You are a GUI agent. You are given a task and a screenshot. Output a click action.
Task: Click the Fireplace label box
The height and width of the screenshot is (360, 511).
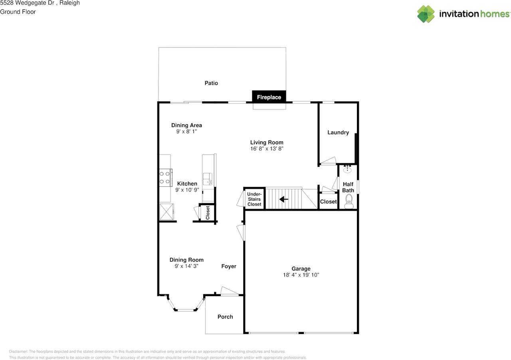[x=269, y=97]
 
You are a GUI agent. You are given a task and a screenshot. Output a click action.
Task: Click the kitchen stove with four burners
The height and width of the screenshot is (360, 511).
[x=165, y=178]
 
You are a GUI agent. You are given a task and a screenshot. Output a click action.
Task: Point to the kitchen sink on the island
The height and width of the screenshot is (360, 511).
[x=208, y=179]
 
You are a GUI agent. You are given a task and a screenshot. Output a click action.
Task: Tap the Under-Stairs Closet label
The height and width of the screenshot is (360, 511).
[x=254, y=199]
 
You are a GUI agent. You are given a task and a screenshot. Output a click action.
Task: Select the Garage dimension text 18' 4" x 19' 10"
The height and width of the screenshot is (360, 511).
[x=301, y=275]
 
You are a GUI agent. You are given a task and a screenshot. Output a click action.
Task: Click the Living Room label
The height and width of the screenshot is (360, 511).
[x=267, y=142]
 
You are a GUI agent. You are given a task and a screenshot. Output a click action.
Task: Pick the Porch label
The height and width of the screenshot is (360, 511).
[x=225, y=316]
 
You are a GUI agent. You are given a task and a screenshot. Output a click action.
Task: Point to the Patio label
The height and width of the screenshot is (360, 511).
[x=211, y=83]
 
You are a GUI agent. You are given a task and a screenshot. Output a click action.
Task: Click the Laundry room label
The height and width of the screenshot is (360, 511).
[x=338, y=133]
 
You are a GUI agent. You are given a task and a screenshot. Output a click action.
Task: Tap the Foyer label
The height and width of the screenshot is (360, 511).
[x=229, y=266]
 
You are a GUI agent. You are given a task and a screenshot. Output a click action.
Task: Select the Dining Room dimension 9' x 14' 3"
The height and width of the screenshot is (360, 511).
[x=186, y=266]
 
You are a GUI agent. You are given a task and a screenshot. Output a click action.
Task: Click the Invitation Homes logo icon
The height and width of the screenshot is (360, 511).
[x=426, y=14]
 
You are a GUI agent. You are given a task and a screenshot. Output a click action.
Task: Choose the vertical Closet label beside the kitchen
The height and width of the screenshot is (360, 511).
[x=208, y=213]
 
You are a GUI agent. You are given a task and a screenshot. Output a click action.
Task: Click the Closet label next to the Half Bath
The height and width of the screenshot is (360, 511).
[x=329, y=202]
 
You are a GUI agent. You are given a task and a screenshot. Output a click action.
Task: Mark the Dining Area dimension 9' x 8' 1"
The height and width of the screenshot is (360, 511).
[x=186, y=131]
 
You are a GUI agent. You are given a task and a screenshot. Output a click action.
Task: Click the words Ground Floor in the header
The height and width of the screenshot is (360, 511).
[x=18, y=12]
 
